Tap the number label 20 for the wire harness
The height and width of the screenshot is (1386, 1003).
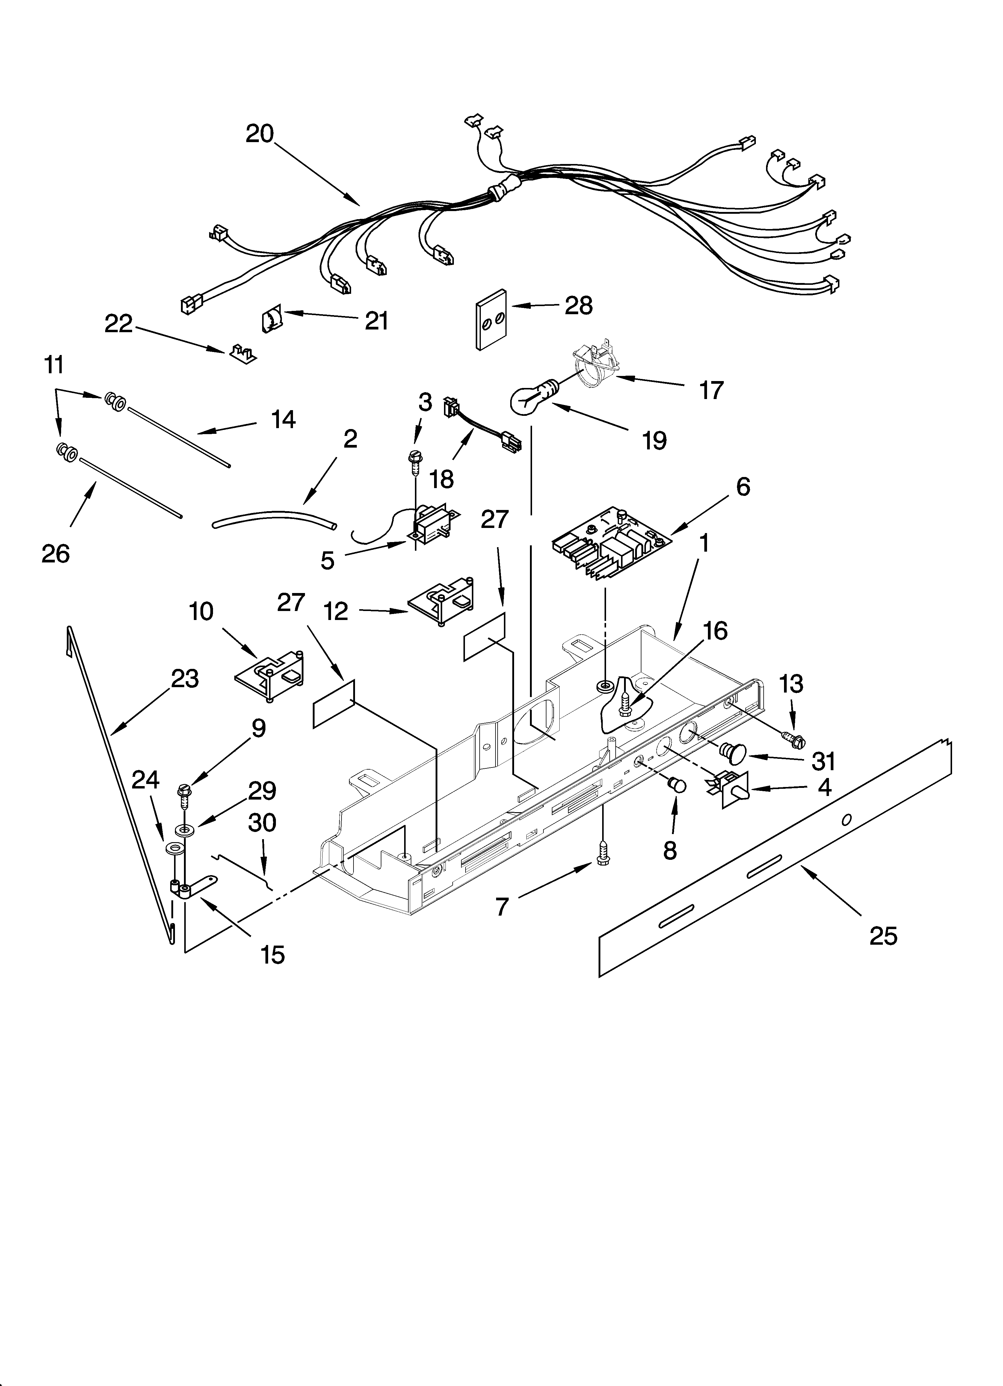(260, 134)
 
